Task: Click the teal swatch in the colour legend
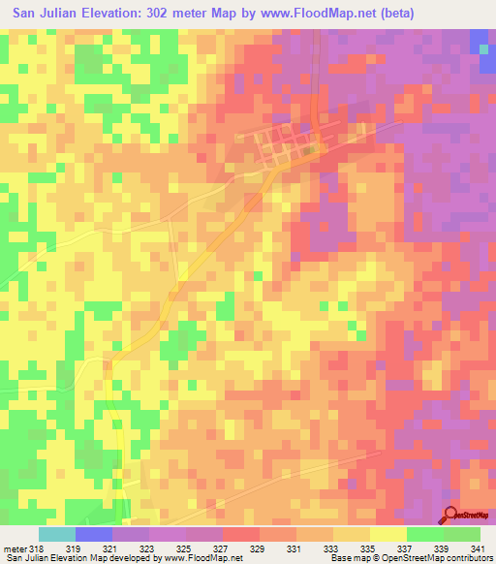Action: (x=57, y=534)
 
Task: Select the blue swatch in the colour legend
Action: (x=94, y=534)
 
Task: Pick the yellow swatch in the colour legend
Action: (x=388, y=534)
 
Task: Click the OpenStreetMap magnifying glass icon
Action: (x=450, y=515)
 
